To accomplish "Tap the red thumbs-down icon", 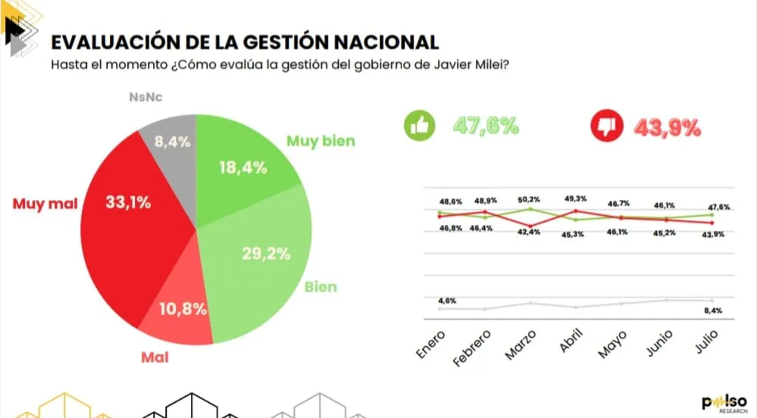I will click(606, 126).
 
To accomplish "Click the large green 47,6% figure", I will click(485, 126).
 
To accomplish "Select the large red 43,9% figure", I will click(667, 126).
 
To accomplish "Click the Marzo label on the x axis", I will click(521, 345).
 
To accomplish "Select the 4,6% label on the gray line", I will click(447, 301).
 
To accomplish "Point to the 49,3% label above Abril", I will click(576, 198).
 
